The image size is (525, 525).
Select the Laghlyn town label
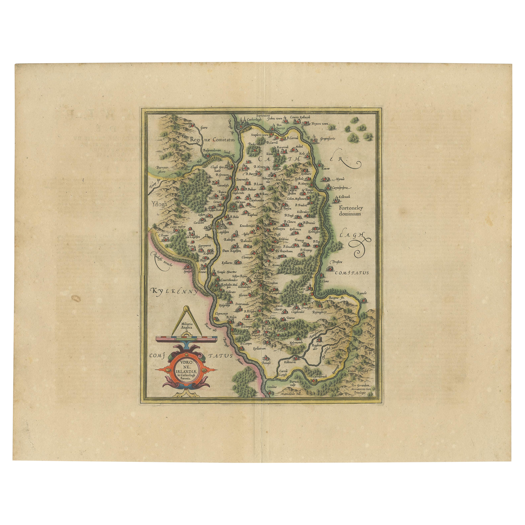click(223, 232)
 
